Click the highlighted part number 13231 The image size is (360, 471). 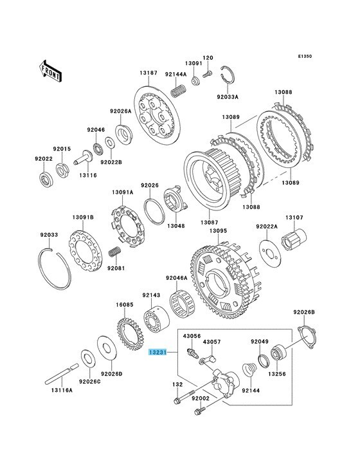click(158, 353)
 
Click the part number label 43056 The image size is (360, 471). click(193, 335)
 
